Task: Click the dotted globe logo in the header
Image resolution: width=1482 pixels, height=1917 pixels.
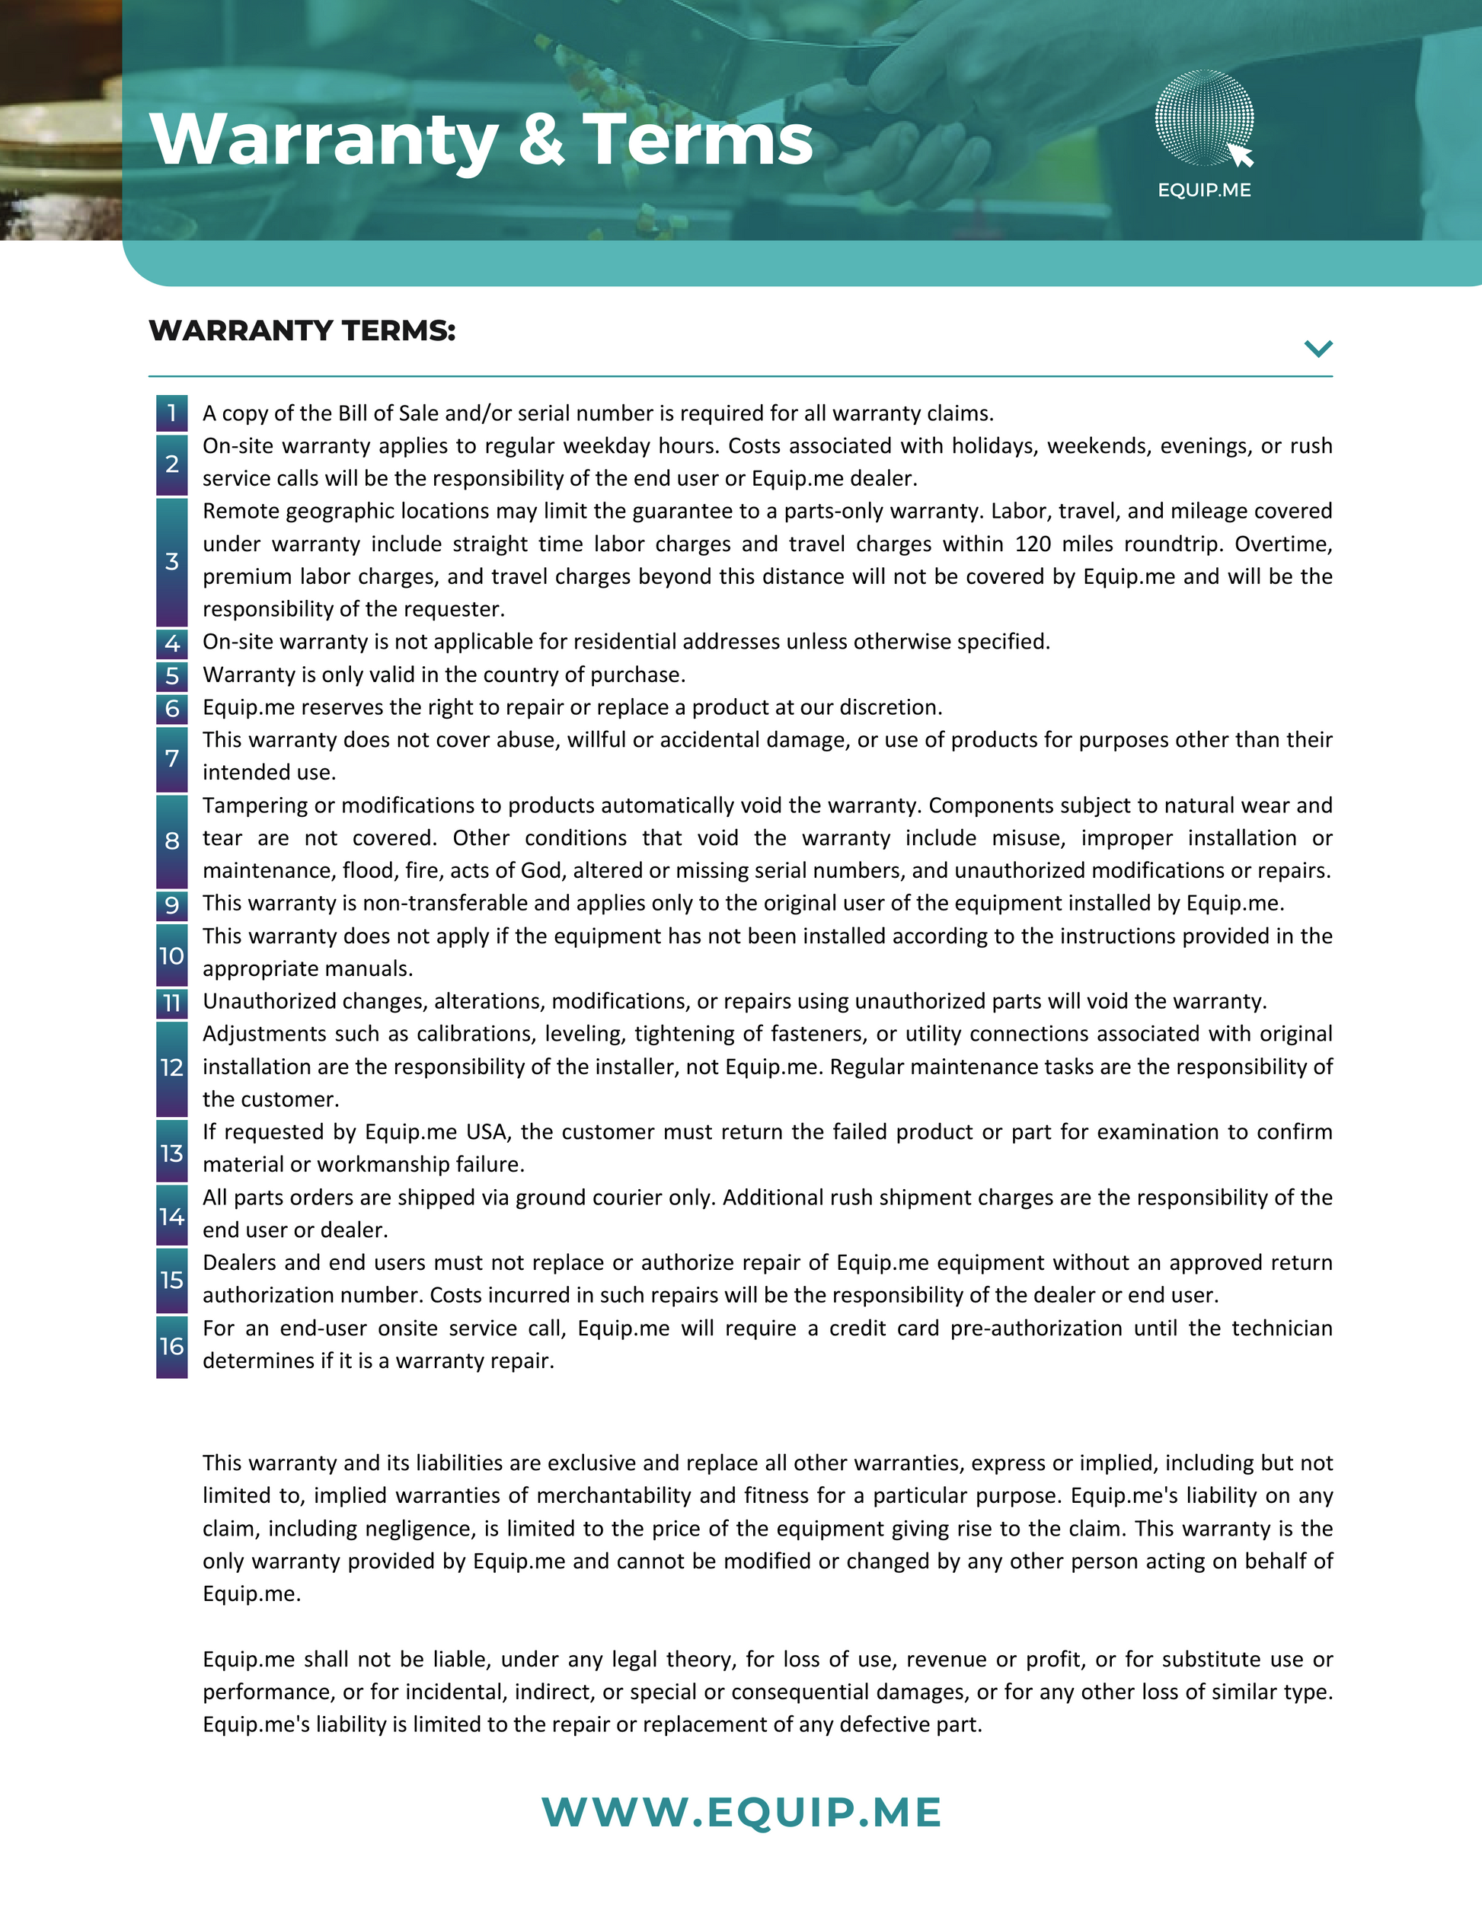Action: click(1204, 117)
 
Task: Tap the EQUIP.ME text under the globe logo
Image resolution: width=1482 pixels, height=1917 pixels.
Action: click(1204, 190)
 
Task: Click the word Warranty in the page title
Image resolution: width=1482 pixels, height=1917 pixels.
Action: click(323, 140)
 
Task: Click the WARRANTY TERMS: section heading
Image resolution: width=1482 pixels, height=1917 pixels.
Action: click(302, 331)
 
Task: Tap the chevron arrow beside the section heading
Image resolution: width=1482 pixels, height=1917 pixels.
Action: click(1318, 349)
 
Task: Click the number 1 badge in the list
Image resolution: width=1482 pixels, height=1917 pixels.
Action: click(172, 413)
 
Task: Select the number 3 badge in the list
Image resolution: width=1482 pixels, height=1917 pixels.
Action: click(172, 561)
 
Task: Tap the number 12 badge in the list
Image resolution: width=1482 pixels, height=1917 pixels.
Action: click(172, 1067)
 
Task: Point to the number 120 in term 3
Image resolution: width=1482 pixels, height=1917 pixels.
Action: click(1033, 544)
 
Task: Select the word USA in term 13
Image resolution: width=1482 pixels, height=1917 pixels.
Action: click(487, 1132)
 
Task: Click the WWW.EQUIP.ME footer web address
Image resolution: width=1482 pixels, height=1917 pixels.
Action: click(741, 1813)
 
